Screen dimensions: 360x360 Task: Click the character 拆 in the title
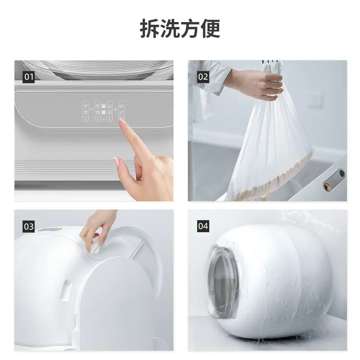(x=150, y=28)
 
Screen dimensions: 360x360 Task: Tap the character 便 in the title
(x=211, y=28)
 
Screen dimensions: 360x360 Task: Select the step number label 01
(x=29, y=77)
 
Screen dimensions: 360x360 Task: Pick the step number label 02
(x=203, y=77)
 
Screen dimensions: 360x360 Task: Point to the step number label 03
(x=29, y=227)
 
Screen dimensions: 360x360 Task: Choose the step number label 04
(x=203, y=226)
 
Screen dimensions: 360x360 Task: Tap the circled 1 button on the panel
(x=85, y=119)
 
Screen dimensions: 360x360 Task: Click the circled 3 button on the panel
(x=109, y=119)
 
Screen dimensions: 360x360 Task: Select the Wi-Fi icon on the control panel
(x=85, y=106)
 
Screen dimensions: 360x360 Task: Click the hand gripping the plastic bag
(x=257, y=84)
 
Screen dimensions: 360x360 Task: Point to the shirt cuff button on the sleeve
(x=202, y=86)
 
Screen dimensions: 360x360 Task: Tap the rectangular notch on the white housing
(x=66, y=290)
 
